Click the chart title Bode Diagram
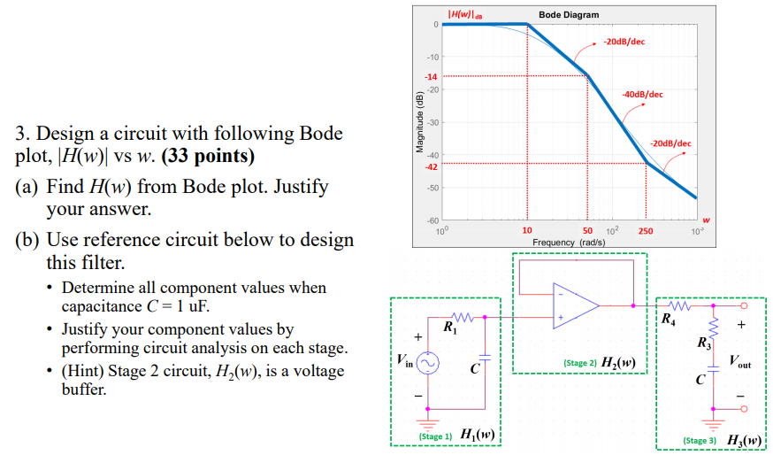568,14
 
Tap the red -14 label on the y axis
432,77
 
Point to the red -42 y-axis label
432,166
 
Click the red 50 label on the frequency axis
586,231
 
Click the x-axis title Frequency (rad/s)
569,241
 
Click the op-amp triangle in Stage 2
574,305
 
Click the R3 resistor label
703,342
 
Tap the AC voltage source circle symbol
428,363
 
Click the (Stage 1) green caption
434,436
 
